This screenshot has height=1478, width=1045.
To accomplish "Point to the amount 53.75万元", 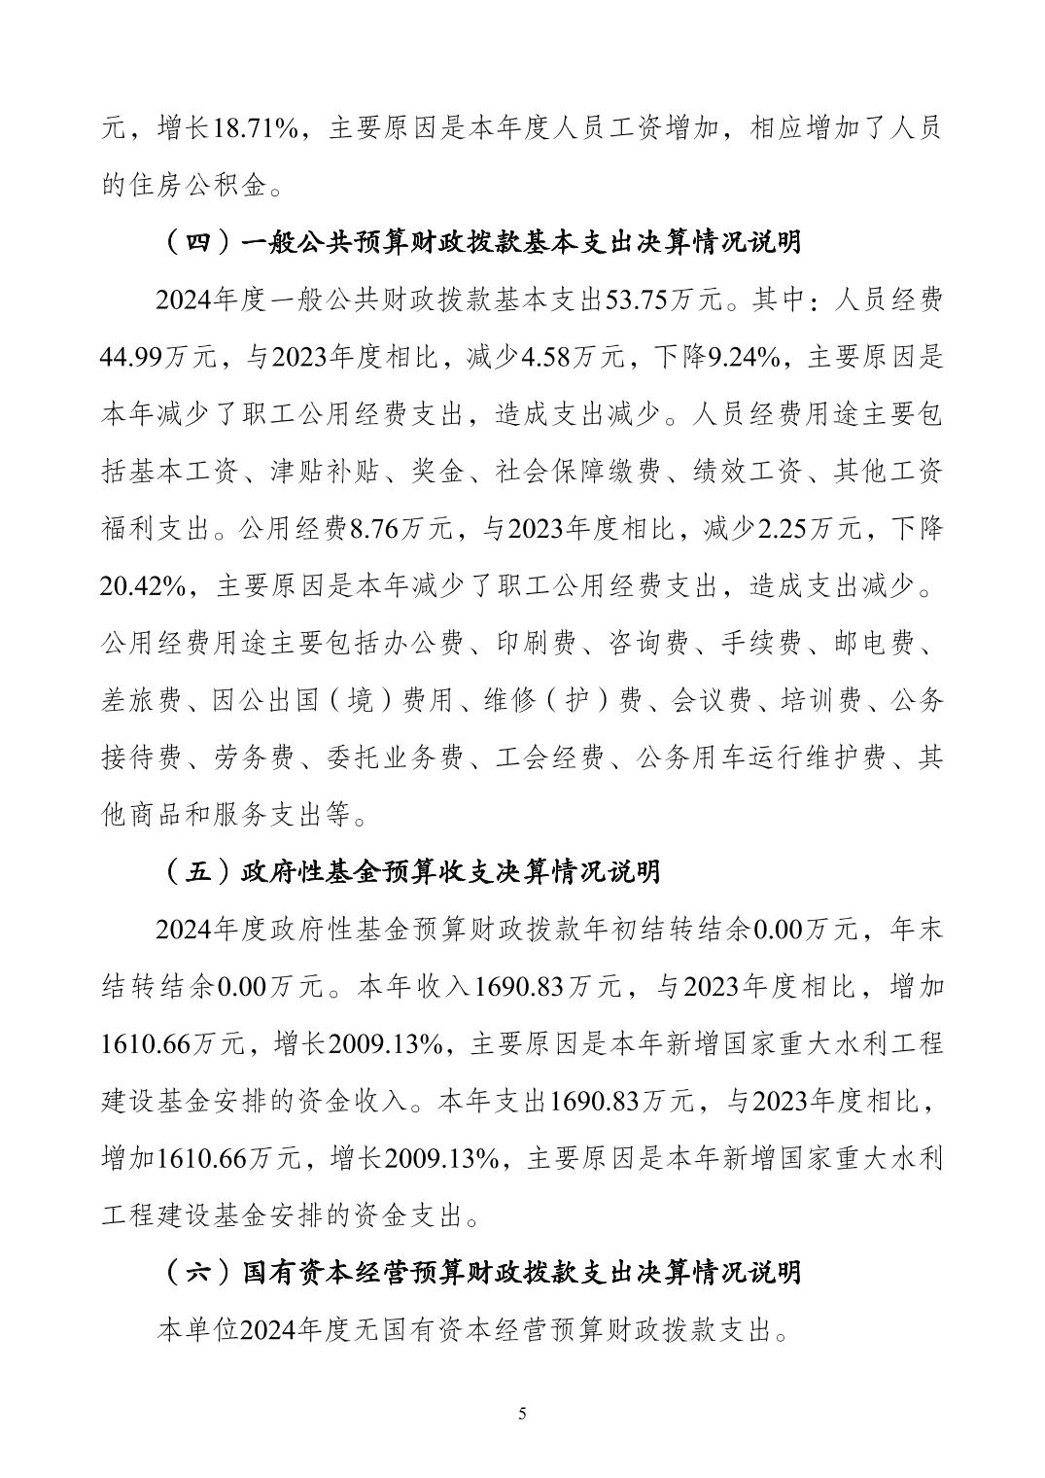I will point(663,300).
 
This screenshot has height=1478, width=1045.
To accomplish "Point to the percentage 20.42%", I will point(142,587).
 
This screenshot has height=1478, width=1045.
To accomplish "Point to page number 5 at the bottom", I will point(522,1414).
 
